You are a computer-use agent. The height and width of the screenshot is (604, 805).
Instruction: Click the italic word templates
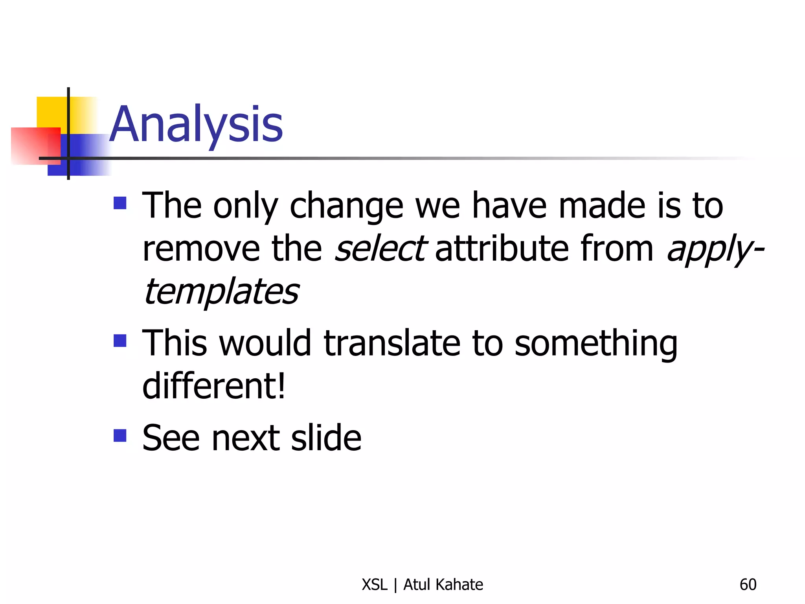click(x=221, y=292)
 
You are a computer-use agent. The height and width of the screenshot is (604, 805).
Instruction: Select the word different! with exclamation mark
click(x=214, y=386)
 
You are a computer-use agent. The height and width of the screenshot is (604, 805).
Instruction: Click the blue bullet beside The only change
click(x=120, y=203)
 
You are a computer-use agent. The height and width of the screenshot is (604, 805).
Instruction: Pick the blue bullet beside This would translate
click(x=120, y=341)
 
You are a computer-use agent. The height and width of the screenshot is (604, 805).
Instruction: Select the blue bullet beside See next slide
click(x=120, y=435)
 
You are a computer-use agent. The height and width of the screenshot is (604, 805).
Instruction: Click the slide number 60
click(x=748, y=585)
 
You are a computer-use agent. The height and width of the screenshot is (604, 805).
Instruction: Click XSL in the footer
click(x=374, y=585)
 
